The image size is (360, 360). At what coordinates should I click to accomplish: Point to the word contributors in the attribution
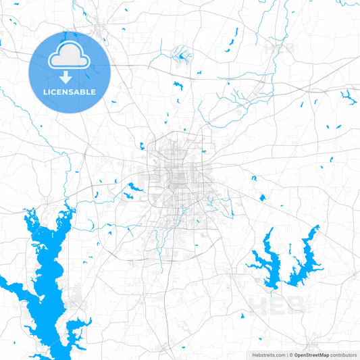tap(343, 354)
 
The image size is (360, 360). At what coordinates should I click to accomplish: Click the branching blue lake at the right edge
tap(349, 98)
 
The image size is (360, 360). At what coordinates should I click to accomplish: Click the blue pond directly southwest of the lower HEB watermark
tap(241, 315)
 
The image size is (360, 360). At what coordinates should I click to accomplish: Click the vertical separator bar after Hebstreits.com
tap(286, 354)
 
